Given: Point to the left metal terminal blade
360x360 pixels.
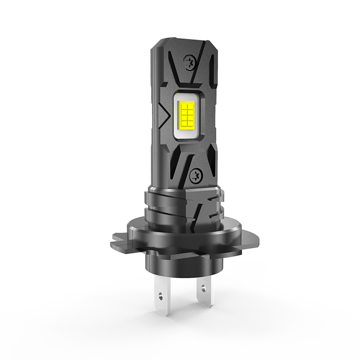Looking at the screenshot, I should pyautogui.click(x=160, y=292).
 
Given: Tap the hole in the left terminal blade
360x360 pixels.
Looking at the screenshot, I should pyautogui.click(x=161, y=295).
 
